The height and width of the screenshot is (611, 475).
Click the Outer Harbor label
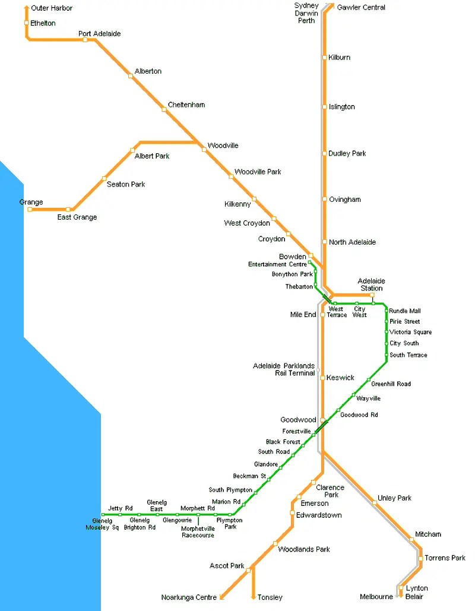(x=52, y=8)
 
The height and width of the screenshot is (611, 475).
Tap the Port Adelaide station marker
(x=85, y=40)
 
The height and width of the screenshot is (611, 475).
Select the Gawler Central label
(x=361, y=7)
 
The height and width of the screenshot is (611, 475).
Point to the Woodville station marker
(x=204, y=150)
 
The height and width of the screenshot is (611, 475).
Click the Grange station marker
(x=30, y=209)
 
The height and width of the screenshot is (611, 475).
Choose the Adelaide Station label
(x=371, y=284)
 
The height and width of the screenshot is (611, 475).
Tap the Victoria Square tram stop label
(x=410, y=333)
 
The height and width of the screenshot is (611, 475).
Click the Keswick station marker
(x=322, y=378)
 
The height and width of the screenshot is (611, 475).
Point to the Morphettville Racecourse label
(x=198, y=531)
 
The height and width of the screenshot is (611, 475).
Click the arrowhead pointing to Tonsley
(x=254, y=597)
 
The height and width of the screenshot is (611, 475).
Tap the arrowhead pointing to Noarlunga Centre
(x=221, y=597)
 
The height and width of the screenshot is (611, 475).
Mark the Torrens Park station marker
(x=420, y=558)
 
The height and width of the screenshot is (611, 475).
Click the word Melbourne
(x=376, y=597)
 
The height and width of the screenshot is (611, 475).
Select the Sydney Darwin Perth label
(x=306, y=13)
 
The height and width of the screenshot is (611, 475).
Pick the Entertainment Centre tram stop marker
(x=309, y=262)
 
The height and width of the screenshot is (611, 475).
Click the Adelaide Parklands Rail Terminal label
(x=284, y=369)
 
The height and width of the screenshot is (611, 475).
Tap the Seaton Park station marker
(x=104, y=178)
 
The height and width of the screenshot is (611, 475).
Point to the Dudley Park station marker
(x=324, y=154)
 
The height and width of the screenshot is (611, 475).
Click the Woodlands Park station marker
(x=275, y=543)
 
